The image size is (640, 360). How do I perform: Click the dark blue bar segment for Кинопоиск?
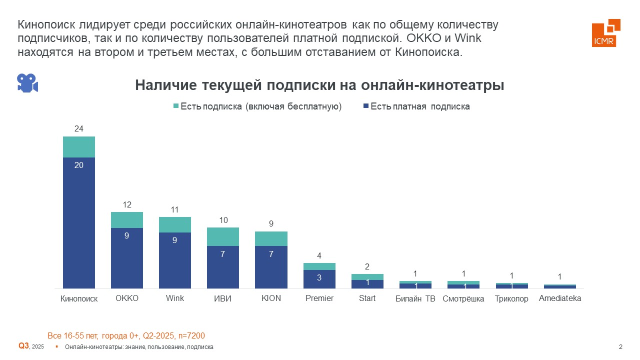(79, 222)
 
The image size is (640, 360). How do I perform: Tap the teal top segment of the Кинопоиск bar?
(79, 147)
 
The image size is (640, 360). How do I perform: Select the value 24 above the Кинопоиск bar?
(79, 129)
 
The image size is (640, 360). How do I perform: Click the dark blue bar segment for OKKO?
(127, 258)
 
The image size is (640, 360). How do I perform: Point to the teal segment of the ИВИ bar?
(223, 236)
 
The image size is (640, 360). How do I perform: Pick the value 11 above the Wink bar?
(175, 210)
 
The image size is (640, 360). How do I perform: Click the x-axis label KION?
(271, 298)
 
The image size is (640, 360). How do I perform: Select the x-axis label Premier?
(319, 298)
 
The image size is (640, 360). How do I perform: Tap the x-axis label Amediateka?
(560, 298)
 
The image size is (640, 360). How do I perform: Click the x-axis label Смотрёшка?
(463, 299)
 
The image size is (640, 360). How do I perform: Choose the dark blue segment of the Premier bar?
(319, 279)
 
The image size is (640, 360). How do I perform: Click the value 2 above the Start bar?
(367, 267)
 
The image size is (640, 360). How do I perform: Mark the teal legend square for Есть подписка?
(175, 106)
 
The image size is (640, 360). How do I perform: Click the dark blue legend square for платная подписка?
(365, 106)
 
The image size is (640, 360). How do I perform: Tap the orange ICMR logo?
(605, 33)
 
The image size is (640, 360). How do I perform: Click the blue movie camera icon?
(27, 83)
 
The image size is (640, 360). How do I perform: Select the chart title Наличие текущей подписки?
(319, 85)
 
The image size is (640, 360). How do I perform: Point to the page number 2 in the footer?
(620, 347)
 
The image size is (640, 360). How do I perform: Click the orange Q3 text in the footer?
(24, 346)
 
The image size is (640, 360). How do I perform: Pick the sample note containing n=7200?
(126, 335)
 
